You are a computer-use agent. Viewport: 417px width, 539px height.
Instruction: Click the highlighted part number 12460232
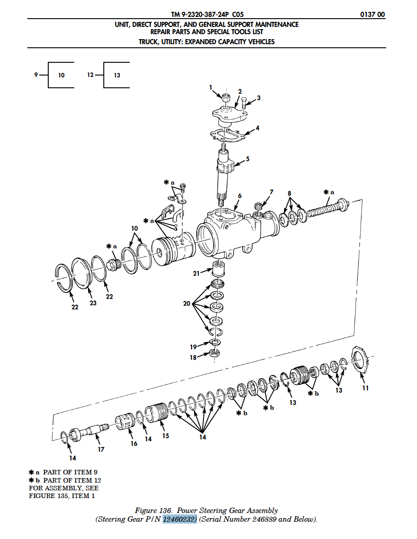[180, 519]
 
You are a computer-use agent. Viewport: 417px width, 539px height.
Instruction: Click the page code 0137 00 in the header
[372, 15]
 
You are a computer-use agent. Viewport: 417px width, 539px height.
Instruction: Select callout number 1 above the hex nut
[211, 88]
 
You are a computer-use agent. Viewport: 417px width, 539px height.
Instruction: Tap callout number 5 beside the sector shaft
[247, 159]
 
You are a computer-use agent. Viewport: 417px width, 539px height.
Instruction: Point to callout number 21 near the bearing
[196, 274]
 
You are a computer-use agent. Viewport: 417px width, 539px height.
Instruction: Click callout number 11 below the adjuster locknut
[366, 388]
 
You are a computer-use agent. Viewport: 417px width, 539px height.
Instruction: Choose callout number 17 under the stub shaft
[101, 449]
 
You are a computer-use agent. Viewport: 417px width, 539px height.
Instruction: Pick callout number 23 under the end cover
[93, 303]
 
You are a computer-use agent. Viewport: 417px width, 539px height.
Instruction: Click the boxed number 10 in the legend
[61, 76]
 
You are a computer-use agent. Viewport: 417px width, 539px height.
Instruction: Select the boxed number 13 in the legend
[117, 76]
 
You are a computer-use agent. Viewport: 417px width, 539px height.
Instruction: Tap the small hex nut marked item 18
[215, 353]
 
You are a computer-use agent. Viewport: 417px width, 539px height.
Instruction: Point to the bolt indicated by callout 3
[244, 105]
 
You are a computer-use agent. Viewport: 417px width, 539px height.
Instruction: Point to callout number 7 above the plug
[271, 192]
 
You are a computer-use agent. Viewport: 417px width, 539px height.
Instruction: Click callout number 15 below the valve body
[166, 436]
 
